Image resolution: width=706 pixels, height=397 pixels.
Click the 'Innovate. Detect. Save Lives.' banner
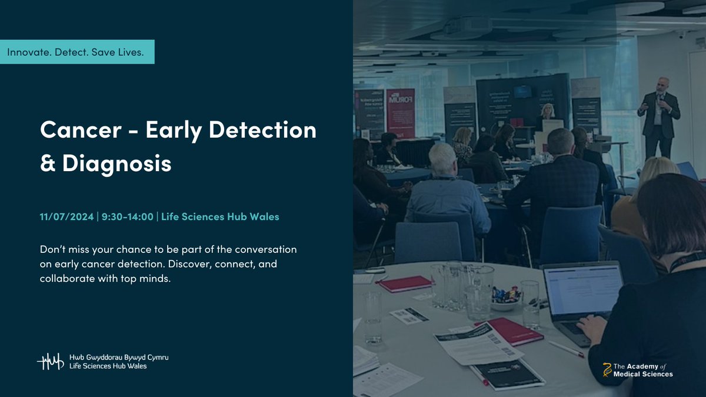77,52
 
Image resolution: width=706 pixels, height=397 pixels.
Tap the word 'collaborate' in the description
65,279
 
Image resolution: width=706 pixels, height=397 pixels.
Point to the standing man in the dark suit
659,118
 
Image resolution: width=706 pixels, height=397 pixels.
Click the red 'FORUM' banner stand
400,113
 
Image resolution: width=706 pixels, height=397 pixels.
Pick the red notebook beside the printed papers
509,332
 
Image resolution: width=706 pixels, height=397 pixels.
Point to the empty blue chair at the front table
428,241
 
